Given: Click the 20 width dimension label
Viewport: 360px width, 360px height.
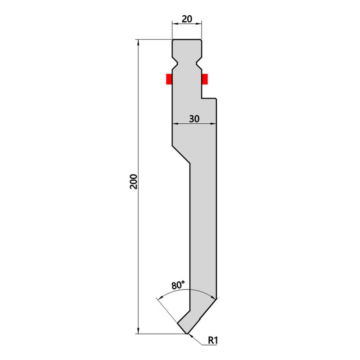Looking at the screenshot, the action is tap(187, 19).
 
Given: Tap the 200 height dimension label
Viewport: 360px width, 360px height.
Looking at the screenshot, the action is tap(133, 182).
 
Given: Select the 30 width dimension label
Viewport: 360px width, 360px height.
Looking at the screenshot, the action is tap(194, 119).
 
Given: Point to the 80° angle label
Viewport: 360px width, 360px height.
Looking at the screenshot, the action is tap(178, 285).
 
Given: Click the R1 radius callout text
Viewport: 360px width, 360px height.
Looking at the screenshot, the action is tap(212, 340).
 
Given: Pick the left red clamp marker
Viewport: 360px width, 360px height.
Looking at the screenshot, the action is tap(169, 79).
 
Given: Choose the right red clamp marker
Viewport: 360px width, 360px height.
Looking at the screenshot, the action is tap(205, 79).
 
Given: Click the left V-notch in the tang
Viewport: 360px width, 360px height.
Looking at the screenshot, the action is tap(175, 63).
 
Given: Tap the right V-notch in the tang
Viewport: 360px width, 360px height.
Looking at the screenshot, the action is tap(199, 63).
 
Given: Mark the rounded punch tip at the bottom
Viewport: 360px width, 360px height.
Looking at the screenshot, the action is tap(187, 333).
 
